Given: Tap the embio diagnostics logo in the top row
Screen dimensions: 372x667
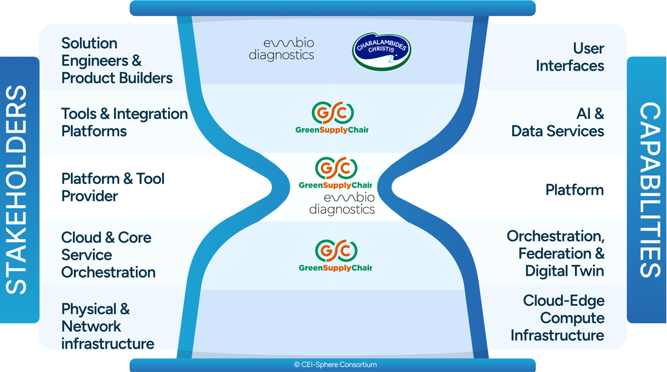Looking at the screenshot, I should pos(282,49).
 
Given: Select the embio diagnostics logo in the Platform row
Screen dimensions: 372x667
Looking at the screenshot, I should pos(342,204).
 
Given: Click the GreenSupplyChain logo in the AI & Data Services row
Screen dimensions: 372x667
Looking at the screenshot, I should pos(332,118).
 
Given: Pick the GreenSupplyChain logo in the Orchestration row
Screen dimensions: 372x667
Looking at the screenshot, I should pos(335,256).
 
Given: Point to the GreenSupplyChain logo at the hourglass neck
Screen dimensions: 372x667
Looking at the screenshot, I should pos(335,173).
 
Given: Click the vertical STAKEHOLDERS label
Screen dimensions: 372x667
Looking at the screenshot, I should pos(17,190).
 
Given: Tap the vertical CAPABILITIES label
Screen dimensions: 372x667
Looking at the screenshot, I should pos(649,190).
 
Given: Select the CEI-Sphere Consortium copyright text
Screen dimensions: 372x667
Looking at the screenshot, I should pos(335,365).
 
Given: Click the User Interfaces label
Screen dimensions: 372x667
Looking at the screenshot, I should pos(570,57).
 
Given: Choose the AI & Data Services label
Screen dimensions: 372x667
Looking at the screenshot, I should pos(558,122).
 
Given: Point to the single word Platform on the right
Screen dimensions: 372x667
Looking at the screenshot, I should pos(574,190).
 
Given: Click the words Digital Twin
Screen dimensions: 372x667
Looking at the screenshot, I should pos(564,271).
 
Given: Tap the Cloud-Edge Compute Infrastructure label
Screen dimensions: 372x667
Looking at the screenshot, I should pos(558,318).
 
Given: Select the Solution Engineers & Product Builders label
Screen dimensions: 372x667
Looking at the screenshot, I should pos(117,61).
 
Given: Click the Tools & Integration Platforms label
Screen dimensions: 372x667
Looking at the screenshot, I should pos(124,122).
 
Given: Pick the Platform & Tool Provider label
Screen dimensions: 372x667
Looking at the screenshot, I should pos(113,187).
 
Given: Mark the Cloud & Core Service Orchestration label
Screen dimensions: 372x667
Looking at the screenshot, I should pos(108,255).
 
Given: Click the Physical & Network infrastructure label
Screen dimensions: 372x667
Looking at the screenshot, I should pos(107,326).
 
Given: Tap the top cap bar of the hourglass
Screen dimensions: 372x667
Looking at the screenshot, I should pos(333,7).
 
